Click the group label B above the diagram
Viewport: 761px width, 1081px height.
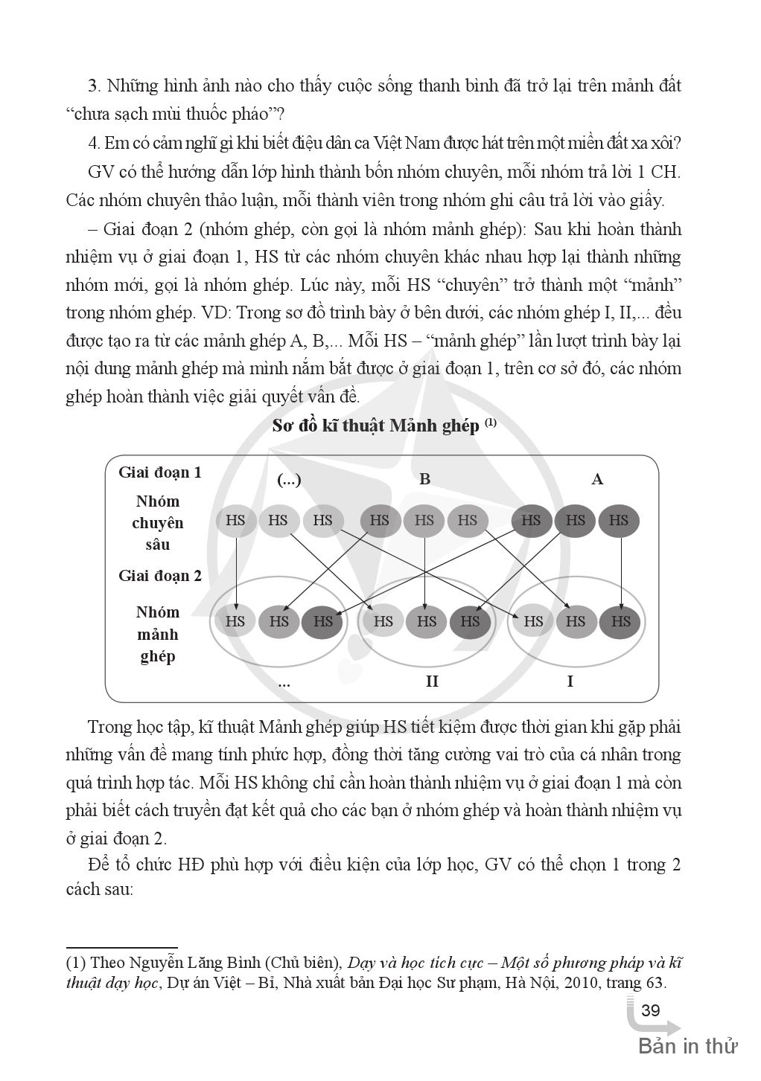pos(424,479)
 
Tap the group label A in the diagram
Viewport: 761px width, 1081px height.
pos(596,479)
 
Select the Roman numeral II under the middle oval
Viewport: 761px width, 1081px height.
pos(432,681)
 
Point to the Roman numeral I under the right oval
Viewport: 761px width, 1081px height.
pos(570,681)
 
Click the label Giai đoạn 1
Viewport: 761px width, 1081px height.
pos(160,472)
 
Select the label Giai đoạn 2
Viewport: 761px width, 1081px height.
pos(160,575)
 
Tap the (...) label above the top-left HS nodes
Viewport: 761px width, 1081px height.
pos(289,480)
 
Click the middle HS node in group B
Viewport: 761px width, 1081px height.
pos(424,520)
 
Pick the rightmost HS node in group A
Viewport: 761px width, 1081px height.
pos(619,520)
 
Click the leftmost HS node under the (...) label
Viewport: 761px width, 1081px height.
pos(235,520)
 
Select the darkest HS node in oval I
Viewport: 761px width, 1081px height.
pos(620,620)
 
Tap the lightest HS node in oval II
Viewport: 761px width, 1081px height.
pos(383,620)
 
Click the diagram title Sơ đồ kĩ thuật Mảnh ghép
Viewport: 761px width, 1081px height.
pos(376,426)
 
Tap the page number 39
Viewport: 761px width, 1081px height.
pos(650,1010)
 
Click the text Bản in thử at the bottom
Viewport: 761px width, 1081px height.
pos(687,1046)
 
